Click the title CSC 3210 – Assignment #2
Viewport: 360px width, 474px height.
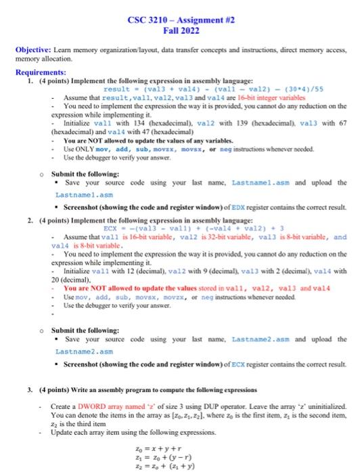[181, 20]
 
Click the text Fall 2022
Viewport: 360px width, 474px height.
[181, 31]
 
